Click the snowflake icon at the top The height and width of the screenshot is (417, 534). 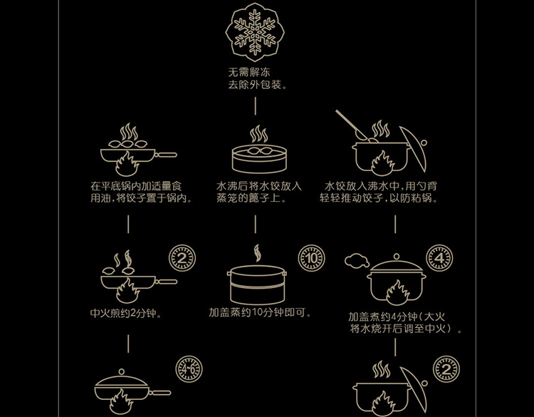[x=255, y=33]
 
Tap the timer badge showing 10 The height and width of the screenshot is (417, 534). [x=311, y=258]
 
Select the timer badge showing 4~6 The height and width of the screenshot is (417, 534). [x=189, y=369]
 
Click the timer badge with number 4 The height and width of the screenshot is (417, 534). [x=440, y=258]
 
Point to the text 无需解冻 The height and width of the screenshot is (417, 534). [x=249, y=72]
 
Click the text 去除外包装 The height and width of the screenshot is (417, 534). [x=258, y=85]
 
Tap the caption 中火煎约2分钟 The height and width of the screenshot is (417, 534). [x=126, y=313]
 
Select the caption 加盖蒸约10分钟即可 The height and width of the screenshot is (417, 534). [x=260, y=312]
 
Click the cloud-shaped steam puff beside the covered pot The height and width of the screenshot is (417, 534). [x=357, y=260]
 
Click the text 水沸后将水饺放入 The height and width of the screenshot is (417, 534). [x=259, y=186]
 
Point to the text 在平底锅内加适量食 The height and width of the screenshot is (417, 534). [x=136, y=186]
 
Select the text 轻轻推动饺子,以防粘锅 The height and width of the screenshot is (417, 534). [x=378, y=198]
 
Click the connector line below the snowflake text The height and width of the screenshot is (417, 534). [x=256, y=106]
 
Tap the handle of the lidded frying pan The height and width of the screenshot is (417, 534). [x=159, y=393]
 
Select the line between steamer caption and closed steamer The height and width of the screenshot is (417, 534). [x=256, y=224]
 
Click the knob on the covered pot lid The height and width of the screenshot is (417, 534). [x=397, y=257]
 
